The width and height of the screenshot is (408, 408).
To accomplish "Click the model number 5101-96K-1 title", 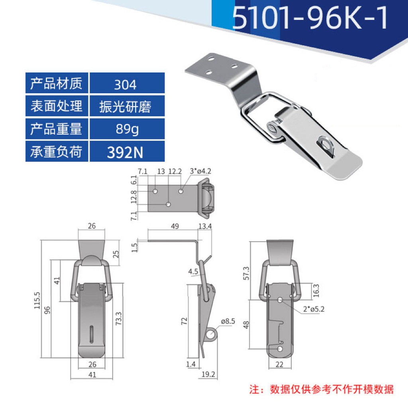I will [x=310, y=18].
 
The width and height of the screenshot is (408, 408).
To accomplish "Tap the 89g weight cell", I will [x=127, y=129].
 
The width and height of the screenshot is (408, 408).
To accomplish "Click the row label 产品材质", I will [x=57, y=84].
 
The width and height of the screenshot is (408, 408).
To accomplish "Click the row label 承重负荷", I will [x=57, y=152].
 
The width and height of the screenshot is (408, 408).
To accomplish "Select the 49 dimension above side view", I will [x=175, y=226].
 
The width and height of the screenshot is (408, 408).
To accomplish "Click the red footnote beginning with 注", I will [x=321, y=388].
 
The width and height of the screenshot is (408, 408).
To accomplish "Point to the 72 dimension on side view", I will [x=184, y=321].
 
